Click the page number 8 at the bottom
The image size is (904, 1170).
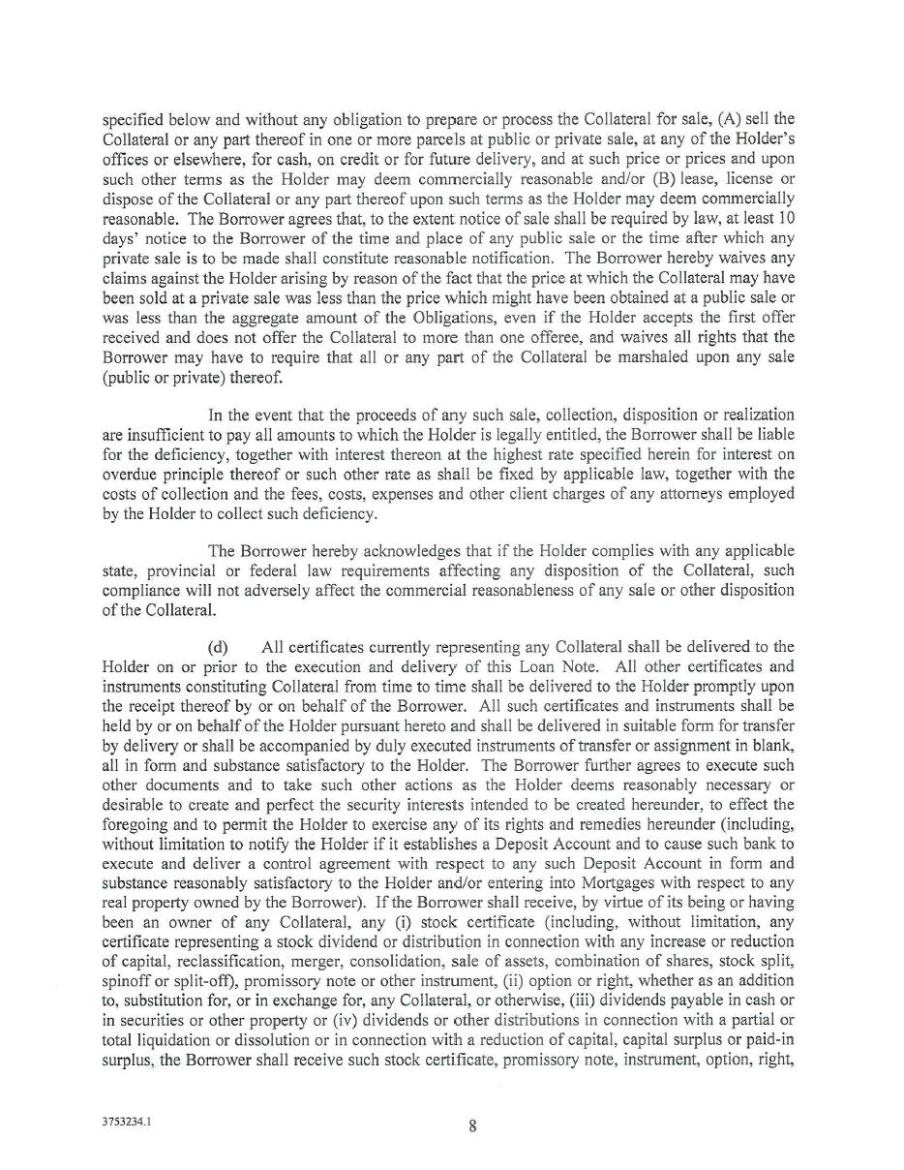tap(472, 1125)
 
